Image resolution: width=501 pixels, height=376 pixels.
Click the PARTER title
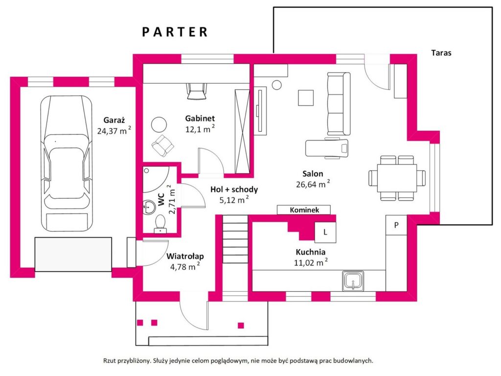(175, 32)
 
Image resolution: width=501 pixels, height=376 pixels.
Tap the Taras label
(441, 53)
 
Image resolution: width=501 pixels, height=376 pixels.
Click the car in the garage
(66, 163)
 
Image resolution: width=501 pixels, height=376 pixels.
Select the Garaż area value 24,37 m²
(114, 130)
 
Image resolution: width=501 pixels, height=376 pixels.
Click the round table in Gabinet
(159, 124)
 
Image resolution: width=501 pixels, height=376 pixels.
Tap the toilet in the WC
(160, 224)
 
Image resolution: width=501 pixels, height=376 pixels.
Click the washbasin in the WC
(149, 207)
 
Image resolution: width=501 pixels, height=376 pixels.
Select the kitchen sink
(353, 281)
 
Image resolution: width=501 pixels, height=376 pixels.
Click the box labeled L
(325, 232)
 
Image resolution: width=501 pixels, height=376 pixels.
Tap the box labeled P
(396, 225)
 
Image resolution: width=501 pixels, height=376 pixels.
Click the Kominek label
(304, 210)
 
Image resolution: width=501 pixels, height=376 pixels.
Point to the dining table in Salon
(397, 178)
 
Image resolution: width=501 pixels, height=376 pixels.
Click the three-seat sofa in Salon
(339, 104)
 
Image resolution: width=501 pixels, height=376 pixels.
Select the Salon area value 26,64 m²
(313, 184)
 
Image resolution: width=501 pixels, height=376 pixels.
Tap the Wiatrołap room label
(185, 256)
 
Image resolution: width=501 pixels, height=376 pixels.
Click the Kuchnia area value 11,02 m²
(311, 262)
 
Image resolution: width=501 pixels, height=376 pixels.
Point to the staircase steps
(235, 239)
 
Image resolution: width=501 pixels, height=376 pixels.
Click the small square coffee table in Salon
(306, 97)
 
